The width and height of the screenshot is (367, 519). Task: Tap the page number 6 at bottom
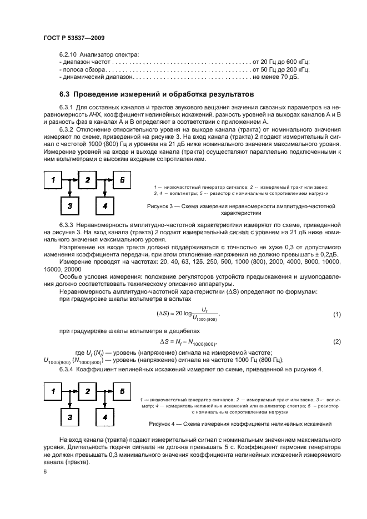(x=45, y=471)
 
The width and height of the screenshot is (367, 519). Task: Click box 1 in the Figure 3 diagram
(x=54, y=180)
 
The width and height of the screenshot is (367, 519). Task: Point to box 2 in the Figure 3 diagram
(x=87, y=180)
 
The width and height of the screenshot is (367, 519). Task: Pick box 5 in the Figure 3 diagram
(x=122, y=180)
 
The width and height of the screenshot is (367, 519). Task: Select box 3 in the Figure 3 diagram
(x=70, y=206)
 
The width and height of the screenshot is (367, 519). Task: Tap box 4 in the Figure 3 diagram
(x=105, y=206)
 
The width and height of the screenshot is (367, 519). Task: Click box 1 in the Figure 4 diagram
(x=54, y=391)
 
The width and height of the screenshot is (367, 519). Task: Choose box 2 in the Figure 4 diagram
(x=87, y=391)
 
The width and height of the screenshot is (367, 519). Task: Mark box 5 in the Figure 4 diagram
(x=122, y=391)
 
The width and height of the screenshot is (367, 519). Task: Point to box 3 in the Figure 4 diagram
(x=70, y=417)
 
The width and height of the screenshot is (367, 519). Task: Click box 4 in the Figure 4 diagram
(x=105, y=417)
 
